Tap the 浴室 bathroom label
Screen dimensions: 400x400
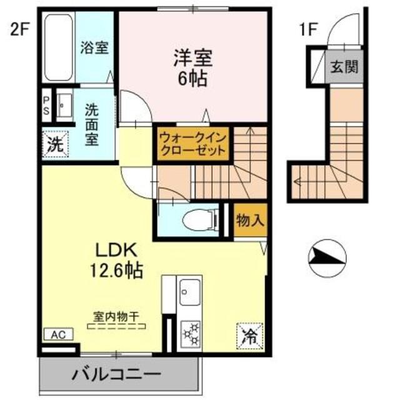tap(95, 48)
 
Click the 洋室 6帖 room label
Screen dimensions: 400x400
tap(193, 69)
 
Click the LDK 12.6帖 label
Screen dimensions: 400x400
tap(118, 261)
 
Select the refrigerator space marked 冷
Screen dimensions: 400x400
tap(248, 336)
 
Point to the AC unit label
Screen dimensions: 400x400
tap(58, 335)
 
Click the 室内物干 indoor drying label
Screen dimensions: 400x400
tap(117, 317)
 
